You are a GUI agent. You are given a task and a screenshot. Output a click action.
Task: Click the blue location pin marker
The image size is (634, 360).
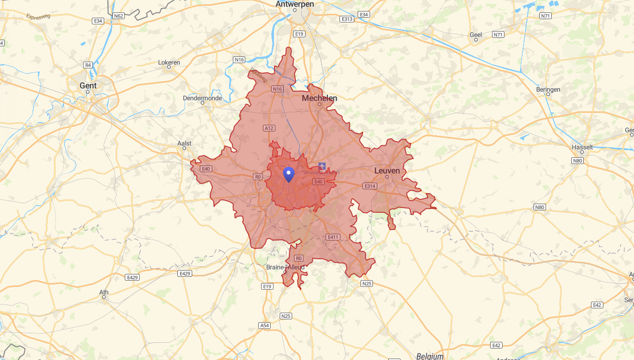288,174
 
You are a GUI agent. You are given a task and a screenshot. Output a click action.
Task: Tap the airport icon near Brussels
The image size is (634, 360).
322,166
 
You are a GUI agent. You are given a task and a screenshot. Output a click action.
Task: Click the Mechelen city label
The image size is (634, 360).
319,98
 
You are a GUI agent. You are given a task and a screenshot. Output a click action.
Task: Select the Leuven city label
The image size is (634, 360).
387,171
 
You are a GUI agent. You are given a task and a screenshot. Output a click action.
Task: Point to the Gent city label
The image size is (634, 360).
88,86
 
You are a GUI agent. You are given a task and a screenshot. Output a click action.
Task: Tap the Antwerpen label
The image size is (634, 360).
295,4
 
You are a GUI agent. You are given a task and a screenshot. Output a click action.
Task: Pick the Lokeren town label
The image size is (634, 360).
169,63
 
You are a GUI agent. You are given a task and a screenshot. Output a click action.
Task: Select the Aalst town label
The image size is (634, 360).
184,143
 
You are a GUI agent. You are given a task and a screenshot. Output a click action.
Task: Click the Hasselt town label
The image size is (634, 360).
582,147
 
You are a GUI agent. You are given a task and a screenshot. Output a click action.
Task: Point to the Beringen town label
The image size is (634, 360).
548,90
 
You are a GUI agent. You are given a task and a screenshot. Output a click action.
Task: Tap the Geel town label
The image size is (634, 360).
476,35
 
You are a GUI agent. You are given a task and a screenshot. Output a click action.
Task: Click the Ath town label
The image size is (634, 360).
104,293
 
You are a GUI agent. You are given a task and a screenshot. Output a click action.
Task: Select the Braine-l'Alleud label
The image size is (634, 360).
285,267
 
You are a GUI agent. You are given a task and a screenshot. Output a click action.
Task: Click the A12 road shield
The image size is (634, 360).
269,128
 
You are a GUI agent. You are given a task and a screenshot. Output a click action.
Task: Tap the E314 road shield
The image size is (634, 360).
370,186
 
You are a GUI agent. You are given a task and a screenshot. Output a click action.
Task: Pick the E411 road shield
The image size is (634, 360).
333,237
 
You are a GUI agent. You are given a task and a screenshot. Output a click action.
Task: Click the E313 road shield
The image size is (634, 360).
347,19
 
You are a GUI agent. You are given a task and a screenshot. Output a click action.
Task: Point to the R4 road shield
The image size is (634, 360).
88,65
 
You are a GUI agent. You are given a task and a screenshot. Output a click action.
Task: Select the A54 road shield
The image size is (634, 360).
264,325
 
